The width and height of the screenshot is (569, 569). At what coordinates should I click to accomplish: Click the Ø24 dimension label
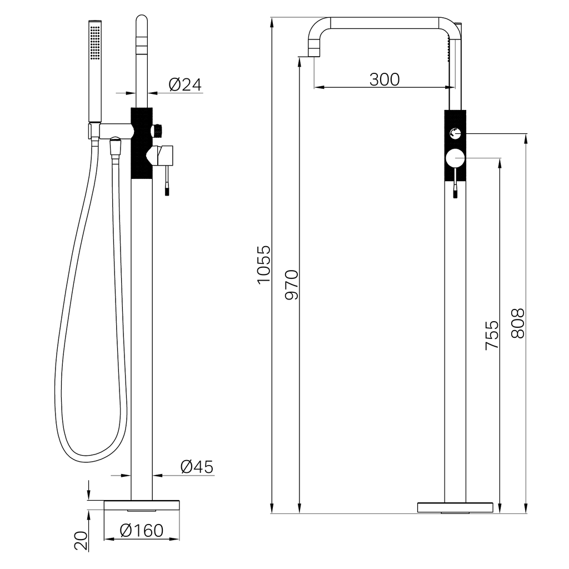coord(185,84)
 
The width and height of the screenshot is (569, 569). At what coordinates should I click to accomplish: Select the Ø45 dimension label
coord(197,467)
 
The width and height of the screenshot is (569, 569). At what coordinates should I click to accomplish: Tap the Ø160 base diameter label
coord(142,531)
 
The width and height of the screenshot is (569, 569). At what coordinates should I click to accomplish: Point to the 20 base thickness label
coord(81,541)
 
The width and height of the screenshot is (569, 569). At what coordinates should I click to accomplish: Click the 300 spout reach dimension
coord(385,79)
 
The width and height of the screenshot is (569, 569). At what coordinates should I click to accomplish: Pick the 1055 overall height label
coord(264,264)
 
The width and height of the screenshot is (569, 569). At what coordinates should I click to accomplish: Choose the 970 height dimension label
coord(291,284)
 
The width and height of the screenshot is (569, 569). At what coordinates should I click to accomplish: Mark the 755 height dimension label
coord(492,335)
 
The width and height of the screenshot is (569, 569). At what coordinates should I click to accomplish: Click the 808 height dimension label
coord(518,324)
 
